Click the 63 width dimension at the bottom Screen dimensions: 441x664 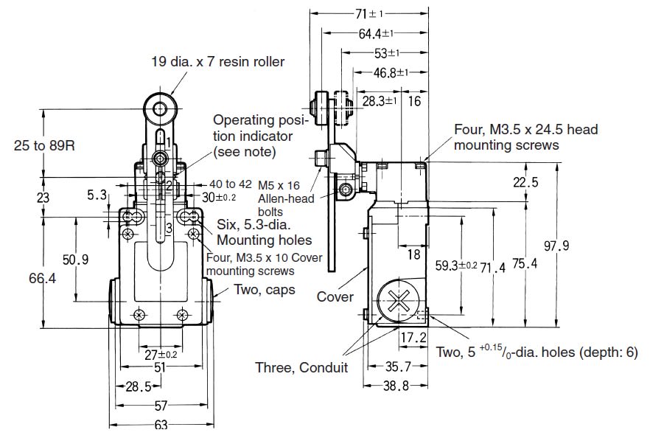(x=161, y=424)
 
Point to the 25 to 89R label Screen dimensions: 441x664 (x=43, y=146)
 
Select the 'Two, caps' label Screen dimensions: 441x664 (x=265, y=290)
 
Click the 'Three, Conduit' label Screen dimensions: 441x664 (x=301, y=367)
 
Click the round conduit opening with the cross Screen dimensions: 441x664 (x=399, y=305)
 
